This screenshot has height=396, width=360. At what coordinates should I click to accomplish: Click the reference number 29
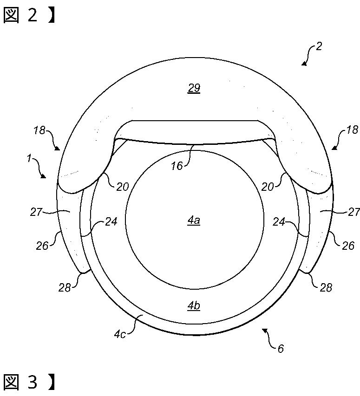click(x=194, y=88)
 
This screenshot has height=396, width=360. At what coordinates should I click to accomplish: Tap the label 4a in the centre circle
click(x=194, y=221)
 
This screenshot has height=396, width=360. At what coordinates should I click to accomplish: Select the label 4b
click(x=194, y=305)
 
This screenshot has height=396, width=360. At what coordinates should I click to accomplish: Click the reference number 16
click(x=177, y=165)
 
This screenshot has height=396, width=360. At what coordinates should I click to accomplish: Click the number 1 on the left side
click(x=29, y=159)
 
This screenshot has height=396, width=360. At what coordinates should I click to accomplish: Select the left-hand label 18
click(x=40, y=130)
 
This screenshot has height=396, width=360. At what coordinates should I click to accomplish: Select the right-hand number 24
click(x=279, y=222)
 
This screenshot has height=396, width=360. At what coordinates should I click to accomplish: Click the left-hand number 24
click(x=111, y=222)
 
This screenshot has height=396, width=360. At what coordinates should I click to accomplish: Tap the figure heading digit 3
click(x=33, y=383)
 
